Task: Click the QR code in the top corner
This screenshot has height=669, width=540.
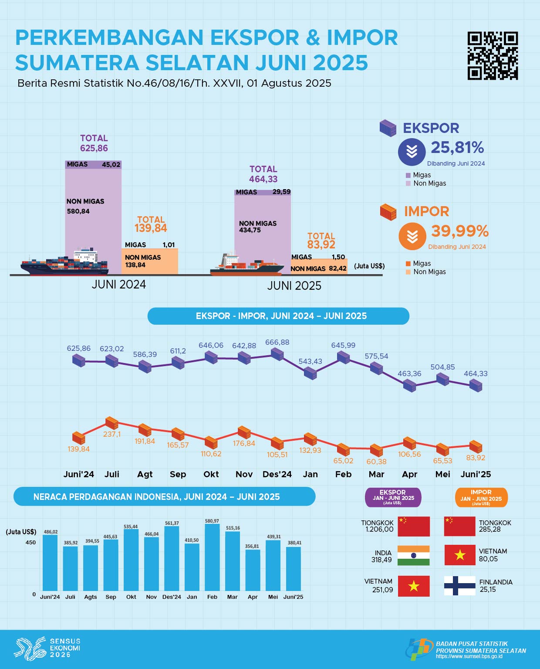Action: click(493, 55)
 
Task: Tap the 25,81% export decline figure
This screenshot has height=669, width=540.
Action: click(457, 148)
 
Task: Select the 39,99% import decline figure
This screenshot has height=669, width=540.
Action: click(460, 231)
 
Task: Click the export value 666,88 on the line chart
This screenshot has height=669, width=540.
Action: click(277, 343)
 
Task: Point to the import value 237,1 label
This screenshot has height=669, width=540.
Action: click(112, 434)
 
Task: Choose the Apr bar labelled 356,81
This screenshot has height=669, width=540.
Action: click(253, 570)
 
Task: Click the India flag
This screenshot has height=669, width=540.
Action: click(414, 556)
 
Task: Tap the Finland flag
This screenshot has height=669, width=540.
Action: click(459, 585)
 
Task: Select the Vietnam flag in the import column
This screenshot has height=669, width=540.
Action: click(459, 555)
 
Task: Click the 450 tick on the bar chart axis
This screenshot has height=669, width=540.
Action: click(30, 543)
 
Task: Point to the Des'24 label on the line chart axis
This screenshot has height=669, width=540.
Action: click(277, 474)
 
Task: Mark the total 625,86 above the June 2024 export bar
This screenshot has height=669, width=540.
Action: click(94, 148)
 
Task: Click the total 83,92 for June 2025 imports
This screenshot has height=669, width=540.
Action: click(321, 245)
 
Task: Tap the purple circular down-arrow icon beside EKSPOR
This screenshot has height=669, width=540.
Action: click(412, 152)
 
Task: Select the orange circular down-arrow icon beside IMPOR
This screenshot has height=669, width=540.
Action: click(412, 236)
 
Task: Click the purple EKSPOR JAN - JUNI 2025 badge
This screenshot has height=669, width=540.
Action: click(393, 497)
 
